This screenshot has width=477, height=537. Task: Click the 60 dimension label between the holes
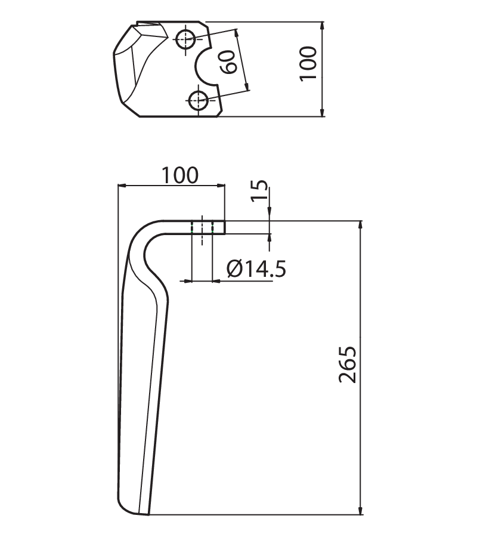pos(228,62)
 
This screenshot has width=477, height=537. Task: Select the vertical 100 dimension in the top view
pos(308,64)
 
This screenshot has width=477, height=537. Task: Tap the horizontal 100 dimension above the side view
pos(179,175)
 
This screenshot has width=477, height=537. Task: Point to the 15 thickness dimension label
pos(260,190)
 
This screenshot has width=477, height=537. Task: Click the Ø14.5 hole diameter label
pos(256,269)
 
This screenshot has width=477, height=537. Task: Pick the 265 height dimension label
pos(348,365)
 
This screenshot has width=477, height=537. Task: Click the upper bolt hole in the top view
pos(185,39)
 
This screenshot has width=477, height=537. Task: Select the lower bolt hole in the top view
pos(198,100)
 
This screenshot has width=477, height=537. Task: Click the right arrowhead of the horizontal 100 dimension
pos(221,186)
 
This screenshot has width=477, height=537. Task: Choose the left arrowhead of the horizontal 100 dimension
pos(122,186)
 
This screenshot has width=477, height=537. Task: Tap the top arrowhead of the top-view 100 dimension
pos(322,26)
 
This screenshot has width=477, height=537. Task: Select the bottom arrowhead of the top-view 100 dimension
pos(322,112)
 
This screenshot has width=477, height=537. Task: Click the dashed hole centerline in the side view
pos(202,230)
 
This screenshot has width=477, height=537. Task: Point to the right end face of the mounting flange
pos(225,227)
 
